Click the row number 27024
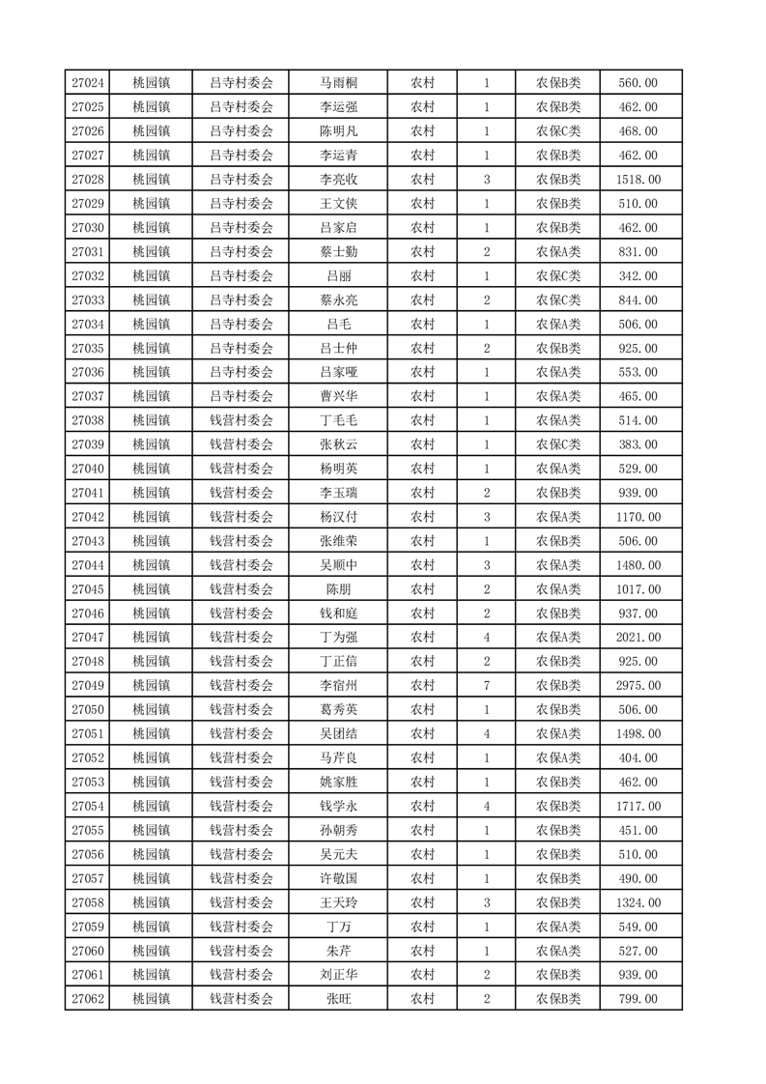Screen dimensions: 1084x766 point(88,83)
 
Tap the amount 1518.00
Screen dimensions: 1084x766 point(638,180)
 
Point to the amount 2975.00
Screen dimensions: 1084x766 point(638,686)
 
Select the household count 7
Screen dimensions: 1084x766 point(486,686)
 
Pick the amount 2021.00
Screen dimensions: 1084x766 point(638,638)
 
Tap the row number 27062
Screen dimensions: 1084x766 point(88,999)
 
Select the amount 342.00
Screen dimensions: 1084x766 point(638,276)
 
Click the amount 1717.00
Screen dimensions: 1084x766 point(638,806)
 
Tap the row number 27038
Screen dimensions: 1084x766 point(88,420)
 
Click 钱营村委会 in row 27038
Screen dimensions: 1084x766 point(241,420)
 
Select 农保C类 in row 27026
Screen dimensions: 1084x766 point(558,131)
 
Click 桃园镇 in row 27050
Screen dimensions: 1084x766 point(151,710)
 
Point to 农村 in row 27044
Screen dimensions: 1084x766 point(422,565)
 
